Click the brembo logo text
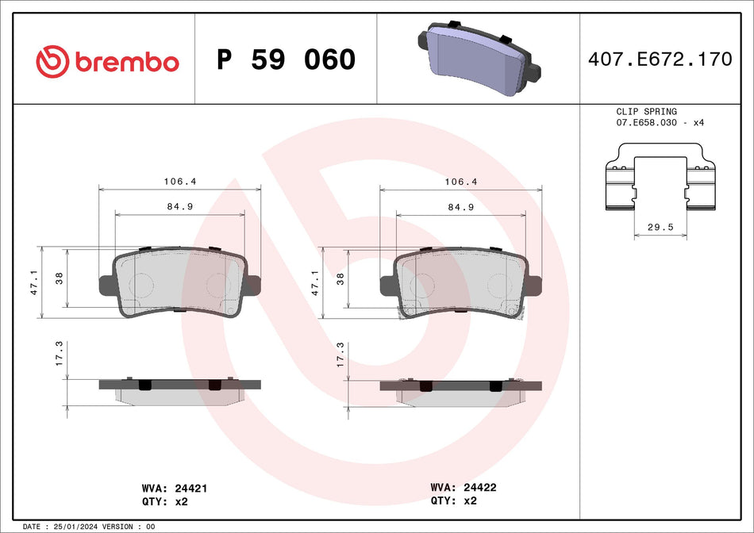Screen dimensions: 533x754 (x=127, y=61)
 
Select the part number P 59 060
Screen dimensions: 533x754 (x=286, y=59)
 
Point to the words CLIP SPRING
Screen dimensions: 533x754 (x=646, y=112)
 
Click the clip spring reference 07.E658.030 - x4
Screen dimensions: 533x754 (x=660, y=123)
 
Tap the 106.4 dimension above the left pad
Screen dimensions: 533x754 (x=179, y=182)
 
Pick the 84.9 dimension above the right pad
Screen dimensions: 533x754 (x=461, y=207)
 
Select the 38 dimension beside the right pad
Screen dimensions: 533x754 (x=341, y=278)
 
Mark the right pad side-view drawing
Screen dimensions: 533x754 (x=460, y=391)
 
